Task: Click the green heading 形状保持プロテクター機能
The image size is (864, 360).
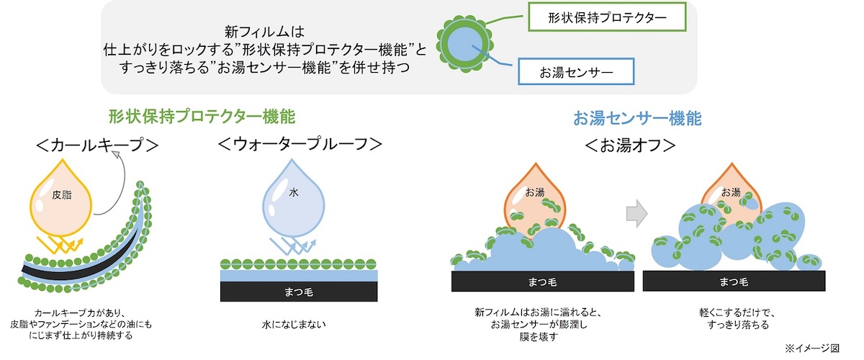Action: (202, 116)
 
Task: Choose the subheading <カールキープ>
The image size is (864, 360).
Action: (97, 145)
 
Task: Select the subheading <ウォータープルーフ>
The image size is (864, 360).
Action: (299, 145)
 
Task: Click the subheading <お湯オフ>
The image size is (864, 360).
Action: (630, 145)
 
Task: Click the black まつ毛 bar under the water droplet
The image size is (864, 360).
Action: (299, 291)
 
